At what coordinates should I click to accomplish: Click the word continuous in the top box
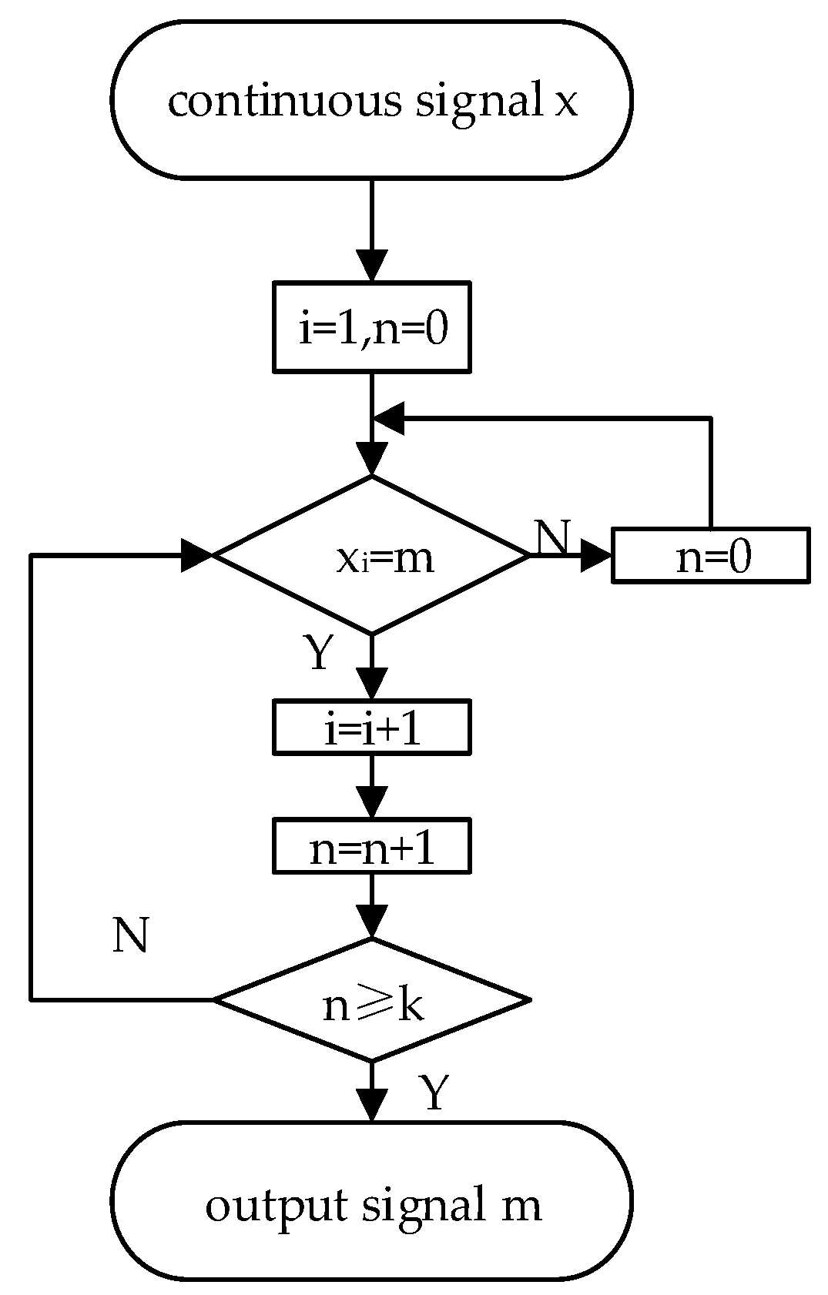[x=284, y=102]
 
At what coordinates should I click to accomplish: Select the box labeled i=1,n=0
[x=371, y=327]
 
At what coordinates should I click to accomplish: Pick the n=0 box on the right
[x=710, y=555]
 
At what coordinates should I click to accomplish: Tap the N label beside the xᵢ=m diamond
[x=552, y=537]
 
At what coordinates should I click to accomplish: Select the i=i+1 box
[x=371, y=727]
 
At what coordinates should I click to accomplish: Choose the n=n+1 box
[x=371, y=848]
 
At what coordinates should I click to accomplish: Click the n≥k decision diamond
[x=371, y=1001]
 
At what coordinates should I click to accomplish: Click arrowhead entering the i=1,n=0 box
[x=371, y=266]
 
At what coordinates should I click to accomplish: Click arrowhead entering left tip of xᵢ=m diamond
[x=196, y=555]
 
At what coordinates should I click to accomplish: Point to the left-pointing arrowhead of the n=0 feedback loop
[x=388, y=419]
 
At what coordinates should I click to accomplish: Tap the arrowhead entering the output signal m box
[x=371, y=1106]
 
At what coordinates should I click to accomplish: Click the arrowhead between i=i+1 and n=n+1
[x=371, y=803]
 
